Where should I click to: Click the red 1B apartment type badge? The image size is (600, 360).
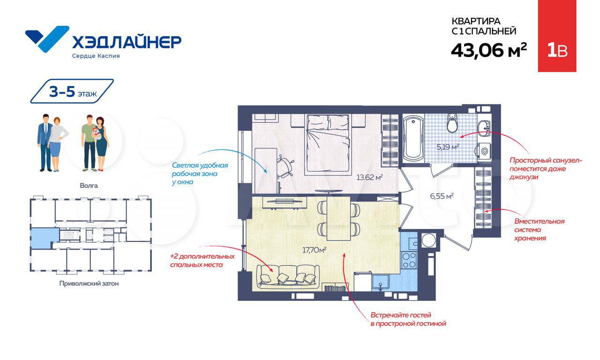[x=557, y=36]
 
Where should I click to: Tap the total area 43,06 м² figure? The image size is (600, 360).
[x=489, y=51]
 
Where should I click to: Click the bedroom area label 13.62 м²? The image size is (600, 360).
[x=369, y=177]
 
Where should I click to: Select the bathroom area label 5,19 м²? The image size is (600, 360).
[x=448, y=147]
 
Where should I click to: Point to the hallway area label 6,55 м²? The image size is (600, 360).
[x=442, y=196]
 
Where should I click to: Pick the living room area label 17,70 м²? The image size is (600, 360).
[x=314, y=250]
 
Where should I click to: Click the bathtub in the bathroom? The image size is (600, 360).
[x=413, y=138]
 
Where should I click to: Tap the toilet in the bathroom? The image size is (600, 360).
[x=452, y=123]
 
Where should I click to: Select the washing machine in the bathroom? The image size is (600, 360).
[x=483, y=151]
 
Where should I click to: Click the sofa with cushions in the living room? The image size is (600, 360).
[x=288, y=277]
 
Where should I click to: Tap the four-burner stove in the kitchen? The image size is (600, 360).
[x=409, y=260]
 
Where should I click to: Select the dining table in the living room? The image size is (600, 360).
[x=338, y=218]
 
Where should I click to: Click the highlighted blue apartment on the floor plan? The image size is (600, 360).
[x=45, y=238]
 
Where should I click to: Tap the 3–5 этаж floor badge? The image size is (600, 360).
[x=72, y=91]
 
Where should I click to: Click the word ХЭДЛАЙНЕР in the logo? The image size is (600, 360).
[x=127, y=42]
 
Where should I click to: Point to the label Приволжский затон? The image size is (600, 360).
[x=89, y=284]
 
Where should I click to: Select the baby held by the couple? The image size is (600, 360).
[x=97, y=133]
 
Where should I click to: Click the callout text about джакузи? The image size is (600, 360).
[x=545, y=169]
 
